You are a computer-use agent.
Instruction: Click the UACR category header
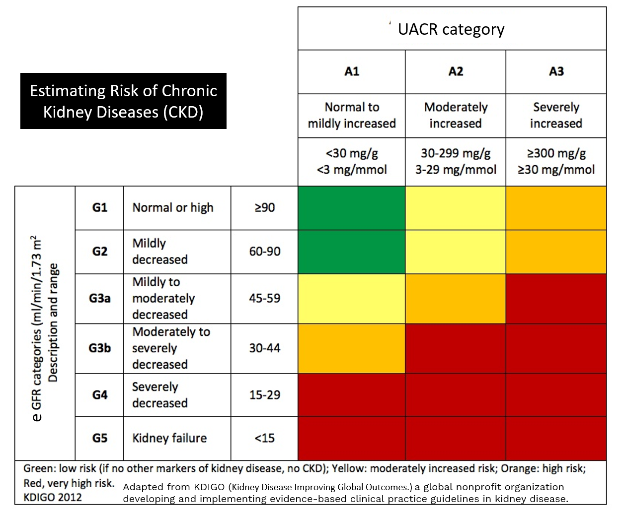point(451,29)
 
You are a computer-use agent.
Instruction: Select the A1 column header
point(352,71)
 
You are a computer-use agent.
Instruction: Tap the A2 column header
point(456,71)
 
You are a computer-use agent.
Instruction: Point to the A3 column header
point(556,71)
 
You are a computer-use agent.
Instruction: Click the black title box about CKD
point(123,101)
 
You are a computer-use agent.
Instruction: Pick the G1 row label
point(99,208)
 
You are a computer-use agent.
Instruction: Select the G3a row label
point(99,299)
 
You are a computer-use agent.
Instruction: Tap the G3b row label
point(99,348)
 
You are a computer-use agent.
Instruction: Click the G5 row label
point(99,438)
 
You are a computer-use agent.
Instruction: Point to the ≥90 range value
point(264,208)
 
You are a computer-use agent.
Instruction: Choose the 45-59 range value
point(264,299)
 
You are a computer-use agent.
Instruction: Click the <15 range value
point(264,438)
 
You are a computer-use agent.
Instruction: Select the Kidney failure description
point(169,438)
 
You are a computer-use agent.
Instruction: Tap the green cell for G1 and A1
point(352,208)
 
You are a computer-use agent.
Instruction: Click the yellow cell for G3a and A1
point(352,299)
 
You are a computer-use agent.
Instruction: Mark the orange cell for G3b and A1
point(352,348)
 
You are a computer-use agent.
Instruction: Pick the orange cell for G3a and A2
point(456,299)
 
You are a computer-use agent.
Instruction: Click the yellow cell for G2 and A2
point(456,252)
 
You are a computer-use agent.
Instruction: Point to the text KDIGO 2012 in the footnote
point(53,497)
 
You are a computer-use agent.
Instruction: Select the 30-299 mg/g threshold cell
point(456,161)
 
